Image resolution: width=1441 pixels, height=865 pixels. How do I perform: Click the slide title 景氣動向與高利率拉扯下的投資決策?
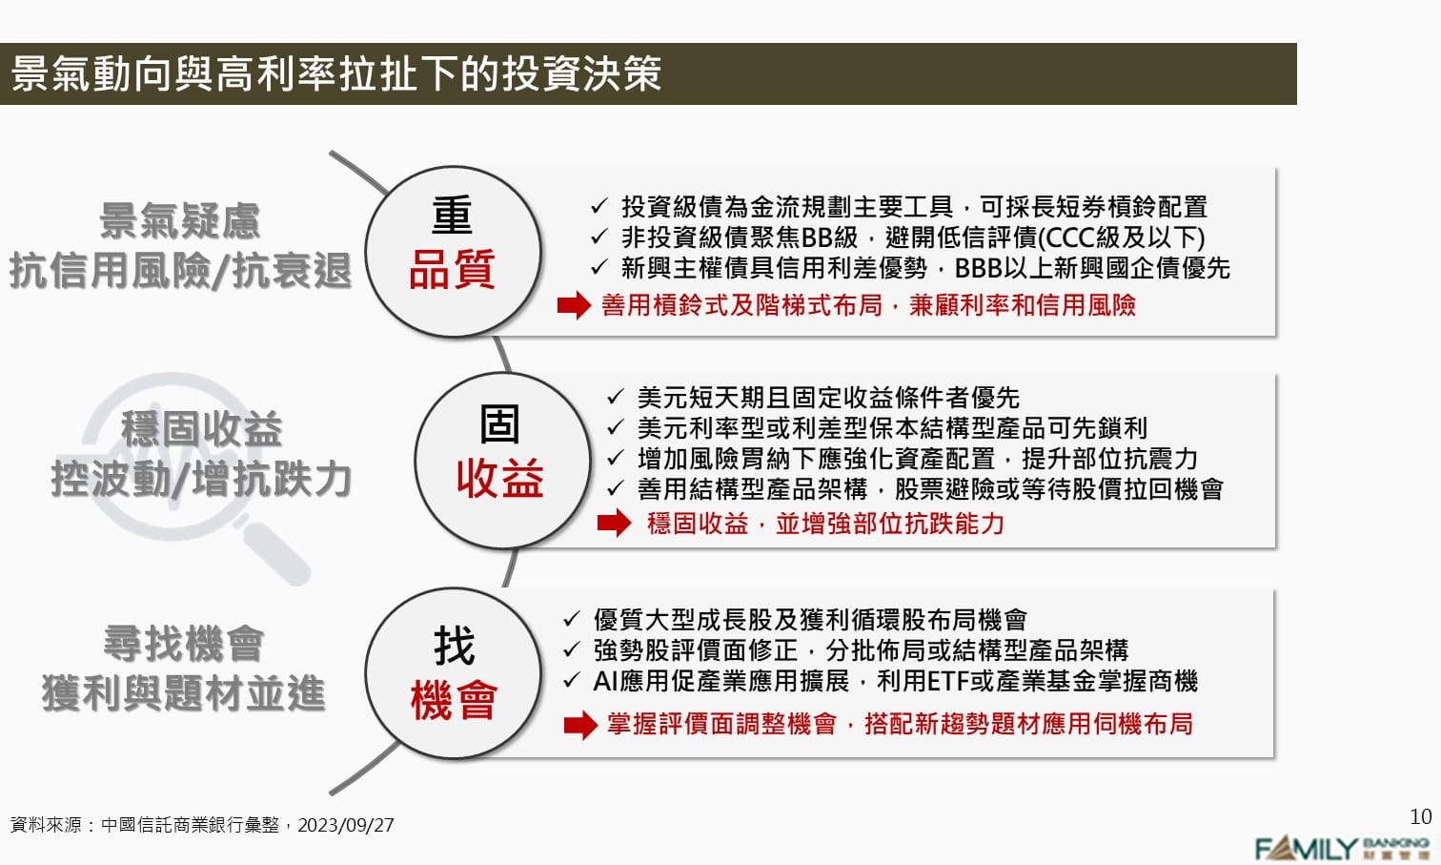[335, 74]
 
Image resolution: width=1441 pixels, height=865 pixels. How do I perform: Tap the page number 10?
[1420, 816]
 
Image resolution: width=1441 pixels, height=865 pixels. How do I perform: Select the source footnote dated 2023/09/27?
[202, 825]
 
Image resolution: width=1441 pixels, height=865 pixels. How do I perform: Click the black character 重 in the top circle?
[452, 216]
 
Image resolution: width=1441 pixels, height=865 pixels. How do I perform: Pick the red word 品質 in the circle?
[452, 269]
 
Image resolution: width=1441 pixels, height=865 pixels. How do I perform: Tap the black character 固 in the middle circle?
[499, 423]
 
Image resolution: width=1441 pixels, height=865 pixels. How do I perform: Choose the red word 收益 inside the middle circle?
[499, 478]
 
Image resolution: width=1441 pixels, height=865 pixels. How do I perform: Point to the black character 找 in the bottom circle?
[454, 647]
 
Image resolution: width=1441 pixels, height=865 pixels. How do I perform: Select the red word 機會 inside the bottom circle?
[454, 701]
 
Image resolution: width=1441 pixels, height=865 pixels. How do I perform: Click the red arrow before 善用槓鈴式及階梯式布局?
[574, 305]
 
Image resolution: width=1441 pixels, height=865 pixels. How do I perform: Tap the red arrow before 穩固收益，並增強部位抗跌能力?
[614, 523]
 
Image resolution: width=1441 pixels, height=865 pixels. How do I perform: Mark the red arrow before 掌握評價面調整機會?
[579, 725]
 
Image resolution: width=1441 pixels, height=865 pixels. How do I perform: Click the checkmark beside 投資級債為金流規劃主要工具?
[599, 206]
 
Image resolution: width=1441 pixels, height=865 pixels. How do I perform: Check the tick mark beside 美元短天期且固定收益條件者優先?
[615, 397]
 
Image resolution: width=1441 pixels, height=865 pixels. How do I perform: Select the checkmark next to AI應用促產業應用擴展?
[571, 681]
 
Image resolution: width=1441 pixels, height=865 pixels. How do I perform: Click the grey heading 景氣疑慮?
[180, 221]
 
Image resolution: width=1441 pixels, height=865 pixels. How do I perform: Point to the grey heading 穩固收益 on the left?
[201, 429]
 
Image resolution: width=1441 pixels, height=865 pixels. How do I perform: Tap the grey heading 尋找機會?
[183, 644]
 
